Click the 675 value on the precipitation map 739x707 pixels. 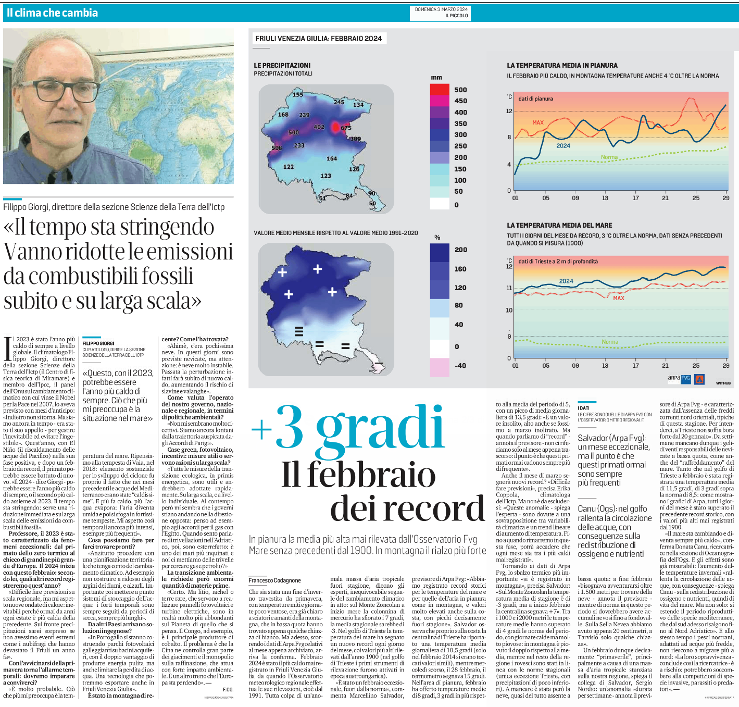tap(346, 128)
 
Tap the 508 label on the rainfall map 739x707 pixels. tap(277, 148)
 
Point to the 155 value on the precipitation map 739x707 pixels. tap(297, 95)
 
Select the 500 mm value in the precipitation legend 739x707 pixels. tap(460, 90)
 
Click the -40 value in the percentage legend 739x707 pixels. tap(460, 366)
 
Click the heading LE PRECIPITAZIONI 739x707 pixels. tap(282, 65)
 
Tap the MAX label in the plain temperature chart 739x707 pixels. tap(538, 123)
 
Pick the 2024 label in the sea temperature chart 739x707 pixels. tap(566, 281)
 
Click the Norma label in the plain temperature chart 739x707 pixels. tap(609, 157)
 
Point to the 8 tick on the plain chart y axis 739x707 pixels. tap(509, 138)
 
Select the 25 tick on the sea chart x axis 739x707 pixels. tap(696, 366)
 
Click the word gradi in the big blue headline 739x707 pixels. tap(380, 428)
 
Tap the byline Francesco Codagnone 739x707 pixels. tap(274, 580)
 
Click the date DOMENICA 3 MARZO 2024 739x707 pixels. tap(441, 9)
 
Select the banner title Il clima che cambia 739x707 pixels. tap(52, 13)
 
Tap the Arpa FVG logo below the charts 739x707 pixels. tap(679, 379)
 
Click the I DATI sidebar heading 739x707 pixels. tap(583, 408)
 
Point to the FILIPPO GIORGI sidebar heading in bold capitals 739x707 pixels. tap(98, 344)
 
